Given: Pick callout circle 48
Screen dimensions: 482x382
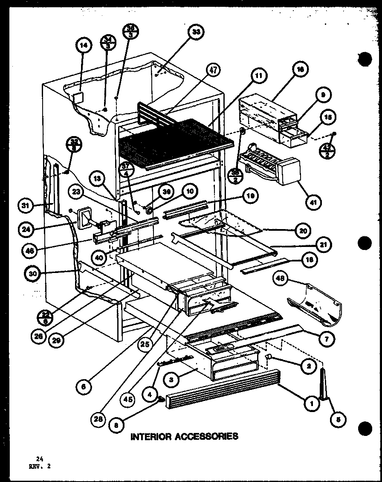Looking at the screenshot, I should [x=281, y=280].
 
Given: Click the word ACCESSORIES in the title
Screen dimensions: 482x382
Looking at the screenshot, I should [x=207, y=436].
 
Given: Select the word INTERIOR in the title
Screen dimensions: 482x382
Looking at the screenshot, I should [x=151, y=436].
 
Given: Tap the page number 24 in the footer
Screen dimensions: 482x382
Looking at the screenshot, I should [x=40, y=459].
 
